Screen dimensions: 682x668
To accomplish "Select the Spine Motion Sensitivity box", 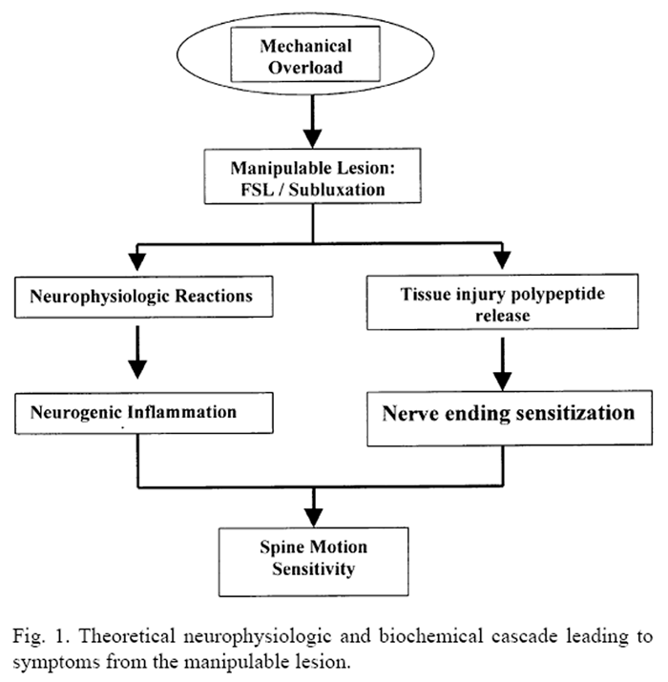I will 314,560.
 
